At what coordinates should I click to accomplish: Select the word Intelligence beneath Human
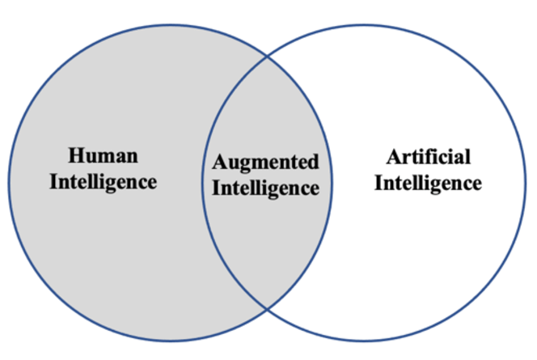click(104, 181)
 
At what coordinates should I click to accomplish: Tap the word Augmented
click(266, 162)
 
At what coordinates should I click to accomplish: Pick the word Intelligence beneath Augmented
click(266, 188)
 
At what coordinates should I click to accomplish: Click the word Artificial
click(428, 157)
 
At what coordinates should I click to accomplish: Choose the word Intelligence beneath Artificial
click(429, 183)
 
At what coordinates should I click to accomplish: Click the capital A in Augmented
click(218, 162)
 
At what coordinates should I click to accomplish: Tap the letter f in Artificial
click(430, 156)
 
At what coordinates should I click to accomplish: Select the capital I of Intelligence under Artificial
click(378, 183)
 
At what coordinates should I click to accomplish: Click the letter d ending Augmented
click(314, 162)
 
